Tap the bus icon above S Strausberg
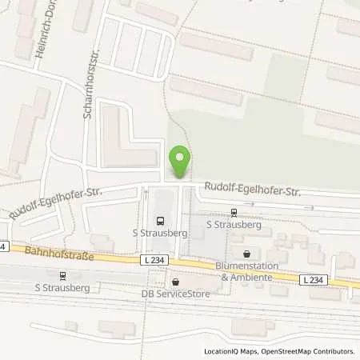tap(160, 222)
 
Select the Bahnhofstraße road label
tap(61, 256)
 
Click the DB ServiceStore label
tap(174, 294)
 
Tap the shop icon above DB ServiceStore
tap(175, 282)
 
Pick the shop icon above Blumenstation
tap(246, 254)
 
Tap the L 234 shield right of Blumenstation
tap(315, 278)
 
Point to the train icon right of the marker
tap(234, 213)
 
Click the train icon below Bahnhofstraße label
tap(62, 274)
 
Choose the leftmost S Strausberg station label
tap(61, 286)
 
